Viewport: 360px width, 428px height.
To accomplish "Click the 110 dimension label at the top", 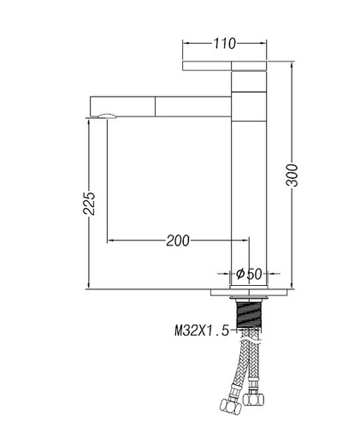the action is (225, 44).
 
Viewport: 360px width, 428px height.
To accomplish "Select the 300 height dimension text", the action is (292, 175).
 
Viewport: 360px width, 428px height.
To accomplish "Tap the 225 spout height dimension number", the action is (89, 203).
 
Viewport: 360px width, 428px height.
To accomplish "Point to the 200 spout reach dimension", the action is (178, 241).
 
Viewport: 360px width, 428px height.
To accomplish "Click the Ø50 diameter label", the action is (249, 274).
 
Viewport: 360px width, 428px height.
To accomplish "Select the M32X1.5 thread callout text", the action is (202, 330).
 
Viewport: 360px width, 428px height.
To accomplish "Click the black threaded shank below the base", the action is (248, 315).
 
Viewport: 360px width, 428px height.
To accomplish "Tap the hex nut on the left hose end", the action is (230, 406).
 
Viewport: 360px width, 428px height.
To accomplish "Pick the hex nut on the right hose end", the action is (253, 399).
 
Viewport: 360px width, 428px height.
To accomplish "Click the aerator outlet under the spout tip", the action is (107, 116).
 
